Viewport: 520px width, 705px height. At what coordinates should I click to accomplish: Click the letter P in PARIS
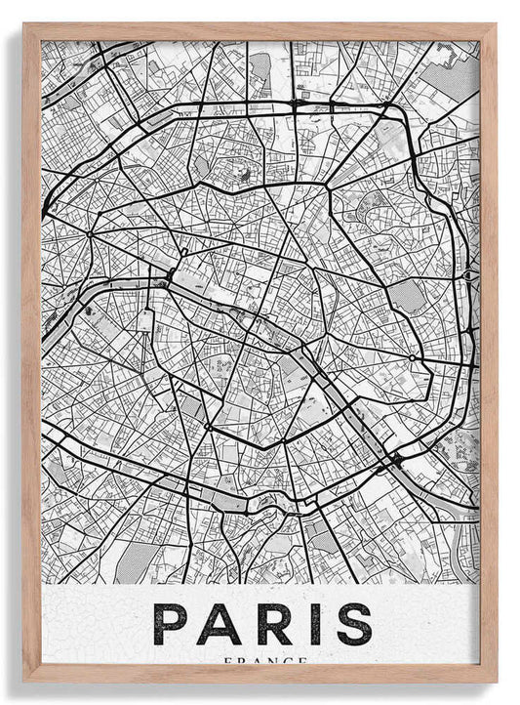[173, 623]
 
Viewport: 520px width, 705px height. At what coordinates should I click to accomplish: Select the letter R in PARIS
[272, 623]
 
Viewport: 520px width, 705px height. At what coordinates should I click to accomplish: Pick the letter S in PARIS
[353, 623]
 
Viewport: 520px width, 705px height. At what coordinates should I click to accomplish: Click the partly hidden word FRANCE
[260, 661]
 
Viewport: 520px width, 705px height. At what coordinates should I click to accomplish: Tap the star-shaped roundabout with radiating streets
[90, 234]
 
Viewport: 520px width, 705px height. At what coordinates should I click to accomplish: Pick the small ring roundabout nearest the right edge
[413, 358]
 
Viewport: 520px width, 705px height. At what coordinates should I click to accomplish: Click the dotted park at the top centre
[260, 68]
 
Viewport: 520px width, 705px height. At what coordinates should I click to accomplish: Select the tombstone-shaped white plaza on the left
[146, 319]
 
